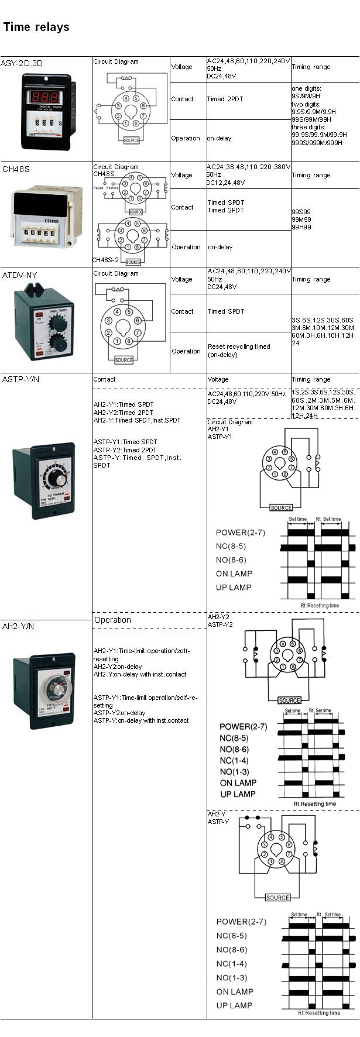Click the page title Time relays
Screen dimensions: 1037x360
pyautogui.click(x=36, y=27)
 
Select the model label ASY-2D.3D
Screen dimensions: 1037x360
pyautogui.click(x=22, y=63)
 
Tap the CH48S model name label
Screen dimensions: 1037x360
pyautogui.click(x=16, y=169)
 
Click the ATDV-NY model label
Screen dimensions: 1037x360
pyautogui.click(x=19, y=274)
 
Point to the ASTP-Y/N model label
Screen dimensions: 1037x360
pyautogui.click(x=22, y=379)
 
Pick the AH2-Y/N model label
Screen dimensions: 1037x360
pyautogui.click(x=18, y=626)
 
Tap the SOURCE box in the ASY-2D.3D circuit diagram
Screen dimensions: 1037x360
pyautogui.click(x=132, y=140)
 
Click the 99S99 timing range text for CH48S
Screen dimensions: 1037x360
pyautogui.click(x=301, y=212)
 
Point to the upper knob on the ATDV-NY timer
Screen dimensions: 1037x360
pyautogui.click(x=57, y=322)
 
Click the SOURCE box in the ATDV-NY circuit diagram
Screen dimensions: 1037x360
pyautogui.click(x=124, y=360)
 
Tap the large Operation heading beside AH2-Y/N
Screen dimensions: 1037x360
pyautogui.click(x=112, y=620)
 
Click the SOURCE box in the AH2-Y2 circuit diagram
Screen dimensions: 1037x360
pyautogui.click(x=289, y=701)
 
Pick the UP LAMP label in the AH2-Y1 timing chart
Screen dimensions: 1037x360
pyautogui.click(x=234, y=588)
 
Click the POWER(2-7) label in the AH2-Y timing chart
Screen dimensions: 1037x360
pyautogui.click(x=241, y=922)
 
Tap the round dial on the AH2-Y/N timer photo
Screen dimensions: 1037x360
pyautogui.click(x=53, y=689)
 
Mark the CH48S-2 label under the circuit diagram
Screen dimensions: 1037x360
pyautogui.click(x=105, y=259)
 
